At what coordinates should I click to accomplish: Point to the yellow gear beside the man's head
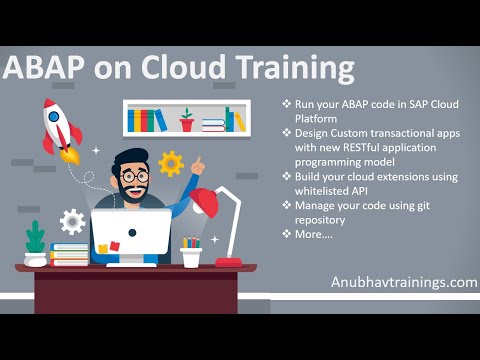tap(171, 163)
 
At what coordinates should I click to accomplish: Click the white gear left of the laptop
tap(72, 221)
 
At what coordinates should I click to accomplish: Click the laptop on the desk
tap(131, 234)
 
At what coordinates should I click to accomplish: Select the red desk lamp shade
tap(206, 204)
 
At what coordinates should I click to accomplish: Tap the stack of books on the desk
tap(70, 254)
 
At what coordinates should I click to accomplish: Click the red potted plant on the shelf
tap(187, 121)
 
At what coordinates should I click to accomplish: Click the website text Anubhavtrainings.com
tap(404, 282)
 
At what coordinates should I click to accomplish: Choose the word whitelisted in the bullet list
tap(322, 190)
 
